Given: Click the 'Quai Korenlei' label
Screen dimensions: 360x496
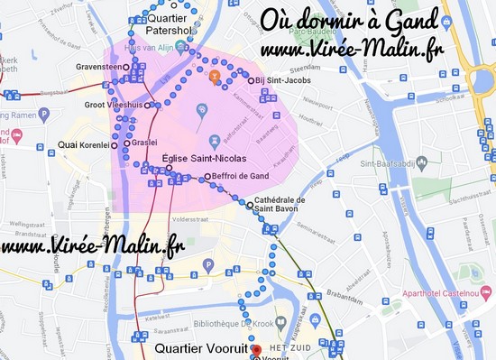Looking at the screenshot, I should click(82, 143).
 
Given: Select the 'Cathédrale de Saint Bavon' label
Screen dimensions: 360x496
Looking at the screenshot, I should click(281, 205).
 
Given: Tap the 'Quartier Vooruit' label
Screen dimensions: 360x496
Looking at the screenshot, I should click(200, 348).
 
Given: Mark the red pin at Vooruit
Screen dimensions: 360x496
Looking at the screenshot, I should click(254, 351).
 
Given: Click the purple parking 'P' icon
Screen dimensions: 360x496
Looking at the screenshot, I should click(208, 264).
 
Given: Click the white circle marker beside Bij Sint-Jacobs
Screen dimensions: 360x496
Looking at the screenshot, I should click(251, 81).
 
